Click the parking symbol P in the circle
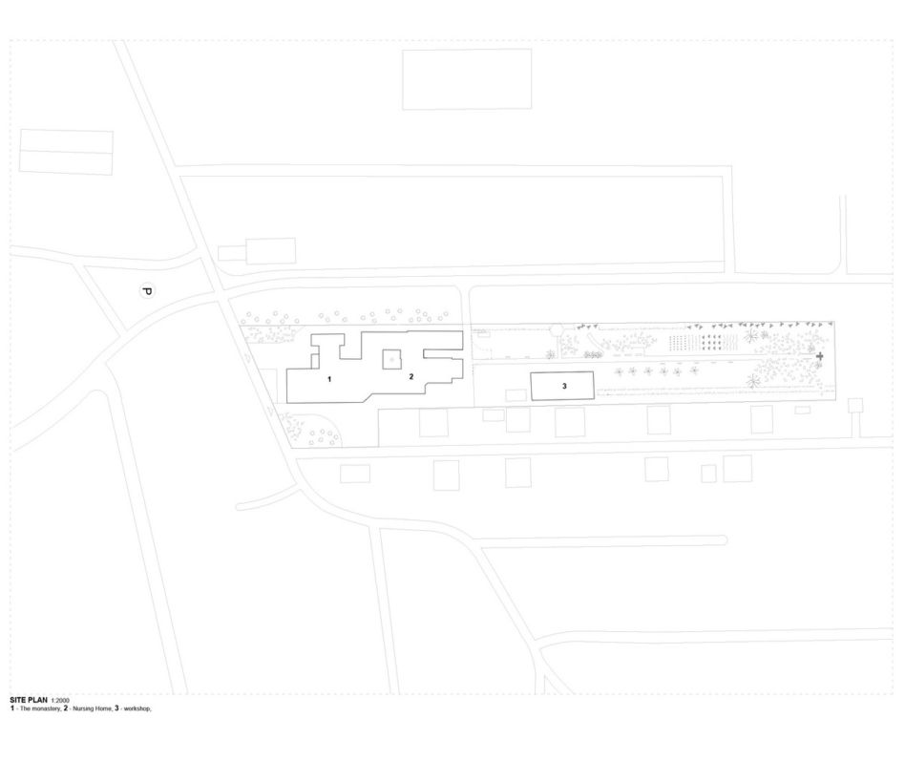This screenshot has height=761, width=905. coord(147,291)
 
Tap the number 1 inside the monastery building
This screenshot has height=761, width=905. coord(329,379)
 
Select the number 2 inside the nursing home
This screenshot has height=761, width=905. coord(411,377)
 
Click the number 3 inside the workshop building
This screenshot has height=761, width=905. coord(564,386)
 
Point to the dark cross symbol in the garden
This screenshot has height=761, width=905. coord(820,357)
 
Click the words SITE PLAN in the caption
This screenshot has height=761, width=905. coord(29,701)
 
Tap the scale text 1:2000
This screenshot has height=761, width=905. coord(60,701)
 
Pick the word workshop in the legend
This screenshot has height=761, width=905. coord(137,708)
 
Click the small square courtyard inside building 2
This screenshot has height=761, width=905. coord(392,360)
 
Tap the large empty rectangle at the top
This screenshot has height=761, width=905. coord(467,79)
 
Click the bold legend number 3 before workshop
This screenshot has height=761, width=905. coord(116,708)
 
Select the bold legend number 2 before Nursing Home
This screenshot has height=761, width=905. coord(66,708)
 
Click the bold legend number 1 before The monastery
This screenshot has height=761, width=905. coord(12,708)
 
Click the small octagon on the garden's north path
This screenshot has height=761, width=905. coord(557,329)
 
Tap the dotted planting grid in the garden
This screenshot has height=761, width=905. coord(704,343)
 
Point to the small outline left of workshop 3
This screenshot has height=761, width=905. coord(516,395)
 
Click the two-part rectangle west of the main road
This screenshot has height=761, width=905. coord(67,152)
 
